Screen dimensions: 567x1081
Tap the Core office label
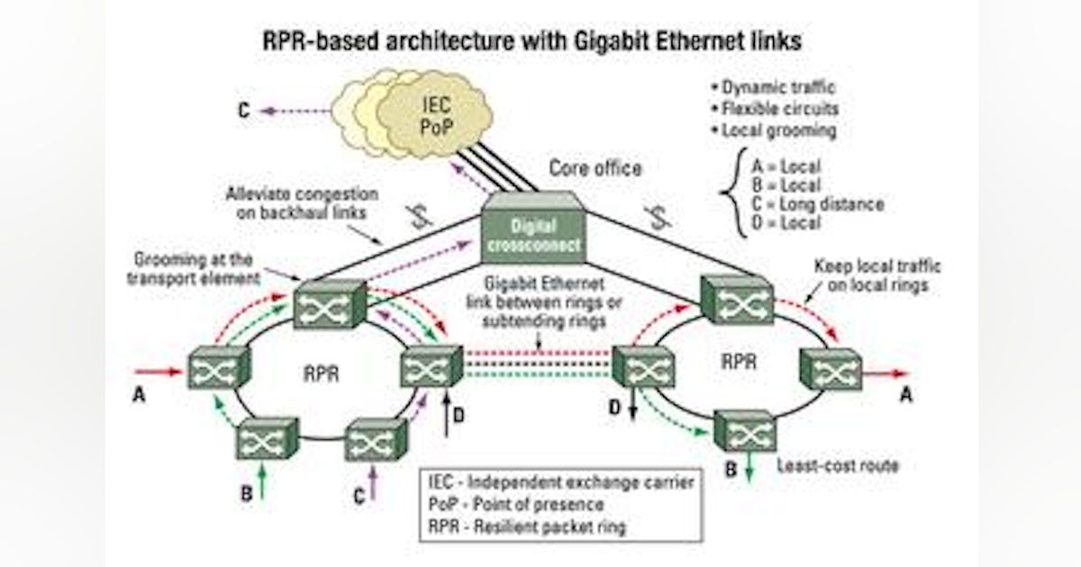[596, 168]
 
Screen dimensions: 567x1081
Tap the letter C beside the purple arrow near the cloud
[244, 112]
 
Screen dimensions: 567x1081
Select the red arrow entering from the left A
[160, 370]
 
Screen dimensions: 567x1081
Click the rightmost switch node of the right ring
[830, 369]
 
